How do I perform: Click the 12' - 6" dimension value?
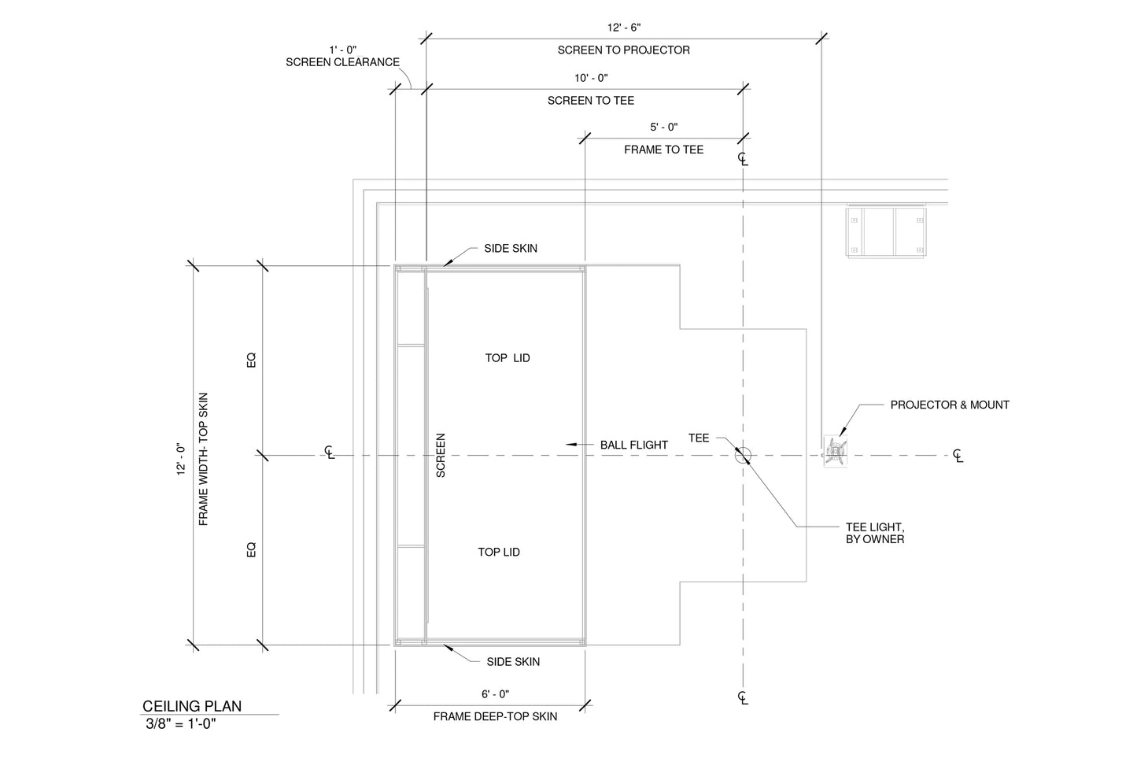coord(624,28)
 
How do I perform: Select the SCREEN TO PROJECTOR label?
coord(624,50)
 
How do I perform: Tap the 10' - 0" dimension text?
coord(591,78)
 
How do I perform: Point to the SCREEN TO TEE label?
coord(591,101)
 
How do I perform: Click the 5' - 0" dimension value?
coord(663,127)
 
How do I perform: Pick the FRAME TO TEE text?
coord(663,150)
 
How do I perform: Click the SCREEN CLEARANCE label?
coord(342,62)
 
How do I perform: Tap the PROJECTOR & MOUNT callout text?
coord(949,405)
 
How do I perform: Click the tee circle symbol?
coord(743,454)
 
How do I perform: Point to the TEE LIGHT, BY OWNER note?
coord(874,533)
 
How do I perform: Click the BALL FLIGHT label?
coord(633,445)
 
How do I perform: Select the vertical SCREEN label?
coord(441,455)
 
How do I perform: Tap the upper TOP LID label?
coord(508,358)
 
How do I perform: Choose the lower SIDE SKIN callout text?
coord(513,662)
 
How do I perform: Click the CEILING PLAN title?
coord(192,706)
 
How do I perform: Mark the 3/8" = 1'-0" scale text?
coord(180,724)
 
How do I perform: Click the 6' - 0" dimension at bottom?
coord(495,694)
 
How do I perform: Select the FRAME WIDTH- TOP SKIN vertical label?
coord(204,459)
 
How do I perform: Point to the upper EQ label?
coord(252,360)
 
